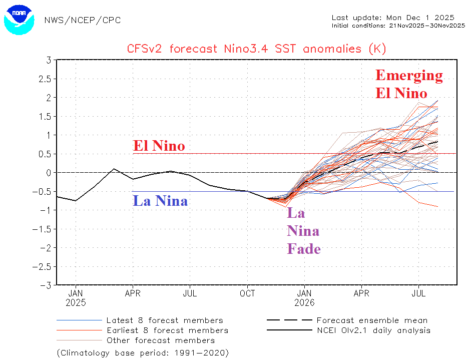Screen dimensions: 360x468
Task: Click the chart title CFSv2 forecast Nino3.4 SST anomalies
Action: click(255, 49)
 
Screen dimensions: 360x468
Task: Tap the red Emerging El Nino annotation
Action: click(409, 84)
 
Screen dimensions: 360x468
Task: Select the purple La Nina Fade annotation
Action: click(303, 231)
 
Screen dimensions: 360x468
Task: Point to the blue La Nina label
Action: click(160, 201)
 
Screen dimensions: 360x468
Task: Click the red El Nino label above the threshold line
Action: click(159, 146)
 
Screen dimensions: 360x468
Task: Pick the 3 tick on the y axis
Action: click(49, 60)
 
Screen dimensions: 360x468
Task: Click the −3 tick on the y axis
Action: click(46, 285)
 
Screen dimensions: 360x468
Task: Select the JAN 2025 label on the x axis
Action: click(76, 298)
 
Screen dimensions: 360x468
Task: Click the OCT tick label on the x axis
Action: click(247, 294)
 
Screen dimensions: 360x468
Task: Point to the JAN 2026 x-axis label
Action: click(305, 298)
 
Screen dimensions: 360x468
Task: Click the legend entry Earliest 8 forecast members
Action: click(167, 330)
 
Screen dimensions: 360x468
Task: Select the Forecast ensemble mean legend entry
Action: click(372, 320)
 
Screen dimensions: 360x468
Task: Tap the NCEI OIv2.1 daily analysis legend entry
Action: click(373, 330)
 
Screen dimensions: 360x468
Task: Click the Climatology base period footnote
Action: click(143, 352)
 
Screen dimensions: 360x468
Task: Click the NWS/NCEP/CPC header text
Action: click(83, 20)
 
